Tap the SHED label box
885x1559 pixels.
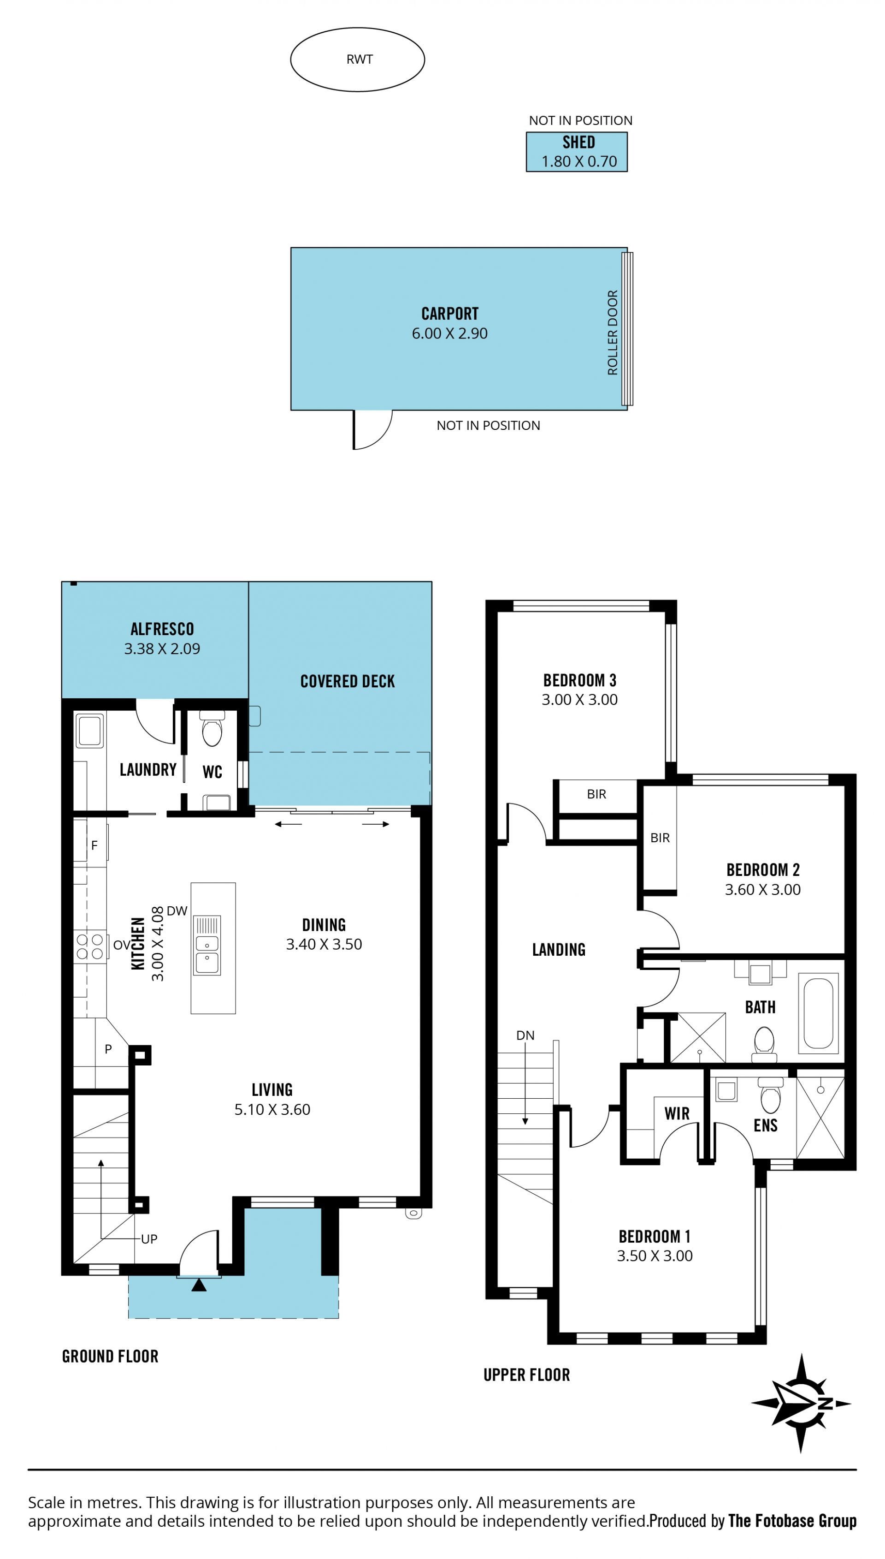click(x=577, y=152)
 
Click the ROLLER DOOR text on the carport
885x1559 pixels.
click(x=613, y=332)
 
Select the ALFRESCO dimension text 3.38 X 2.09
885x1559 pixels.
click(x=162, y=649)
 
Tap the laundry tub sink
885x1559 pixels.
click(x=89, y=730)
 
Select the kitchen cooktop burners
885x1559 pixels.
click(x=89, y=947)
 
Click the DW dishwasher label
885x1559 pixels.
click(x=177, y=911)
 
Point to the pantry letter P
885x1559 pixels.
click(x=108, y=1049)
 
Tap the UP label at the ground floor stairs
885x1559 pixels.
click(x=149, y=1239)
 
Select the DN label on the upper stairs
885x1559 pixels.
click(x=525, y=1035)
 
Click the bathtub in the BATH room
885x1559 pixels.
click(x=818, y=1014)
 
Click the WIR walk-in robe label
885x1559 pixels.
click(x=677, y=1113)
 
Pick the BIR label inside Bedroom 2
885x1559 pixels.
click(x=660, y=838)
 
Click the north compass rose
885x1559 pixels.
click(x=801, y=1404)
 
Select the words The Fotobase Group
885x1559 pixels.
click(x=792, y=1521)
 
